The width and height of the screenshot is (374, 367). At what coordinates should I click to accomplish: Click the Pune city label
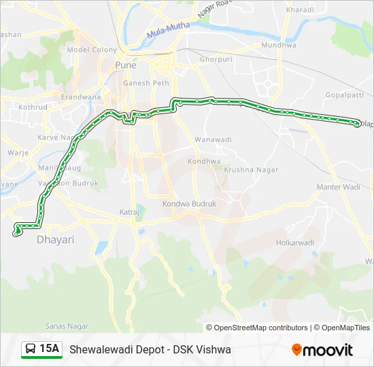125,65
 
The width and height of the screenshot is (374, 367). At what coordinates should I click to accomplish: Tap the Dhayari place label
55,240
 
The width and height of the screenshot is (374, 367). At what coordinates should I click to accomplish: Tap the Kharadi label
300,10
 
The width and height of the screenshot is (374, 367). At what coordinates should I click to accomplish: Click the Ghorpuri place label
216,59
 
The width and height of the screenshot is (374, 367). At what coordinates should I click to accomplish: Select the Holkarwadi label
295,243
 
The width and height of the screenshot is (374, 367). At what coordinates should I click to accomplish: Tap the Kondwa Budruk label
189,203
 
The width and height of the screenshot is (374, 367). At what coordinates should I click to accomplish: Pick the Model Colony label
92,50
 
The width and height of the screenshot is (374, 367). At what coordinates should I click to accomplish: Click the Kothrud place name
33,107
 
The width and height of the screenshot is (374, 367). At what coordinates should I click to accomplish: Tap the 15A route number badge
42,349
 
